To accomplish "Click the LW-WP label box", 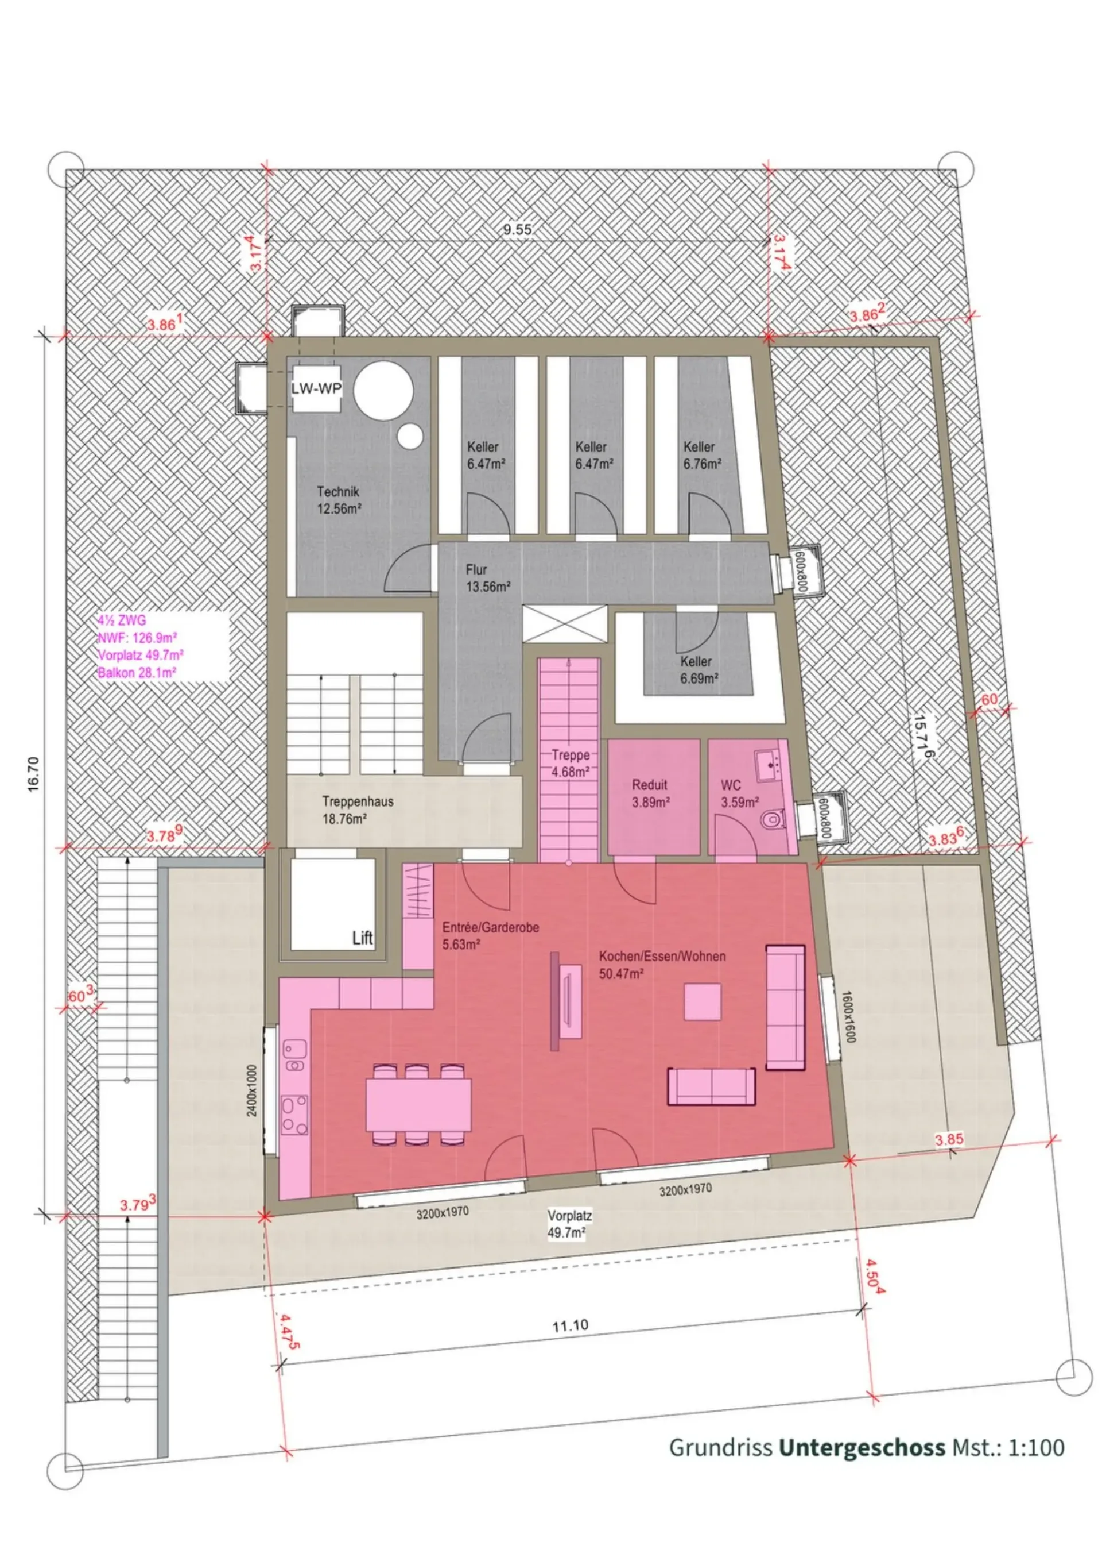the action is click(317, 389).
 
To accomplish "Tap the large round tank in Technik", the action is click(384, 390).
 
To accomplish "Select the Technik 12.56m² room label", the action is click(339, 500).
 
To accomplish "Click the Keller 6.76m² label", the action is click(703, 456).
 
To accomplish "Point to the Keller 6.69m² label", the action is click(699, 670).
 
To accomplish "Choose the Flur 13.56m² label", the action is click(488, 578).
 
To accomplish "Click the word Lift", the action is click(363, 938).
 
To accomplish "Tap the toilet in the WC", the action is click(772, 820).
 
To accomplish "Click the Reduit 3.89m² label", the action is click(650, 793).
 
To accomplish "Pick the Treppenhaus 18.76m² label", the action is click(358, 810).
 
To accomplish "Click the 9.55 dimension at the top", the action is click(518, 230).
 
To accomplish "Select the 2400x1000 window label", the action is click(252, 1090).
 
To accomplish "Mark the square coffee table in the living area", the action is click(703, 1001).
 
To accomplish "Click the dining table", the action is click(418, 1105).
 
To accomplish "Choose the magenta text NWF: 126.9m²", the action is click(137, 638).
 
